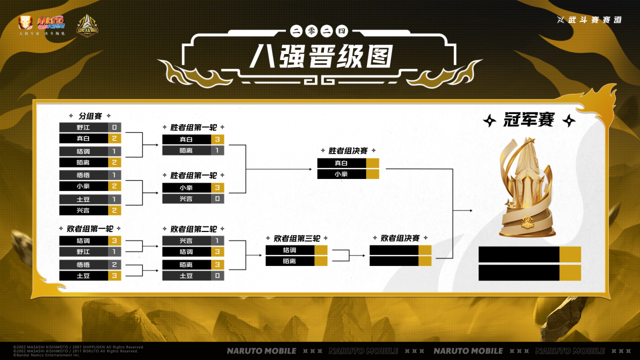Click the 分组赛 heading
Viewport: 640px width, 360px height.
click(90, 116)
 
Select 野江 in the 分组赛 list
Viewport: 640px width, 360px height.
click(83, 127)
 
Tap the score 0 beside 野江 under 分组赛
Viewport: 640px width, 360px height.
click(114, 127)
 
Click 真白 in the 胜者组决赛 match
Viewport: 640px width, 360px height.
click(341, 163)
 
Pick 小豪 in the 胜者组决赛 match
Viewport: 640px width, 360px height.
click(341, 174)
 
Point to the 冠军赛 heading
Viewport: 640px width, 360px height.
click(528, 120)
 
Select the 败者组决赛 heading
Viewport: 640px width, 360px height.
click(400, 238)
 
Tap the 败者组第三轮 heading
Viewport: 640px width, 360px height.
click(297, 238)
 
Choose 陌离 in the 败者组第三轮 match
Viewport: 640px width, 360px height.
click(289, 261)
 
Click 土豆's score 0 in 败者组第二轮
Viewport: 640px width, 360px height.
click(217, 275)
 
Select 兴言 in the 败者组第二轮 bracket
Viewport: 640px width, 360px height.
click(186, 240)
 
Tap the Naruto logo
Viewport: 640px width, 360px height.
click(51, 22)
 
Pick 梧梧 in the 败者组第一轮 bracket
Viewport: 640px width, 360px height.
click(83, 264)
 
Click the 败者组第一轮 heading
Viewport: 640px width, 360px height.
click(90, 229)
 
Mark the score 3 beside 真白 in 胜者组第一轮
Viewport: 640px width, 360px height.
click(217, 139)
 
